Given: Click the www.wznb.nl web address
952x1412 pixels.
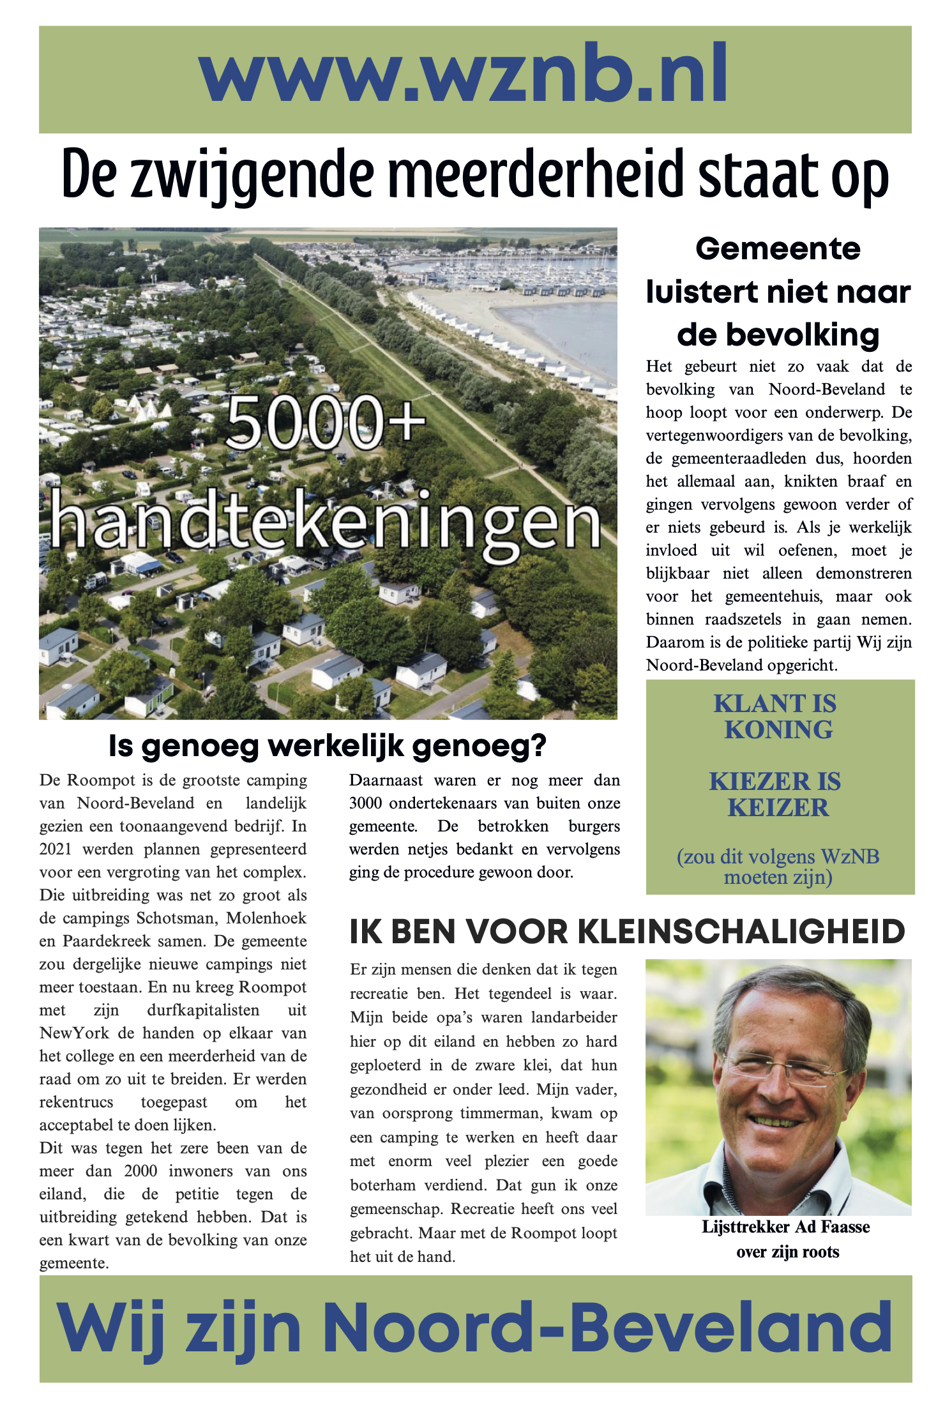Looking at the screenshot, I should (x=464, y=75).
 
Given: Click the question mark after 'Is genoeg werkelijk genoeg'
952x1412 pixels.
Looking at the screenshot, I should (x=538, y=746).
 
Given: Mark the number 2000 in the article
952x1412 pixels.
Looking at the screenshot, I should (x=140, y=1171).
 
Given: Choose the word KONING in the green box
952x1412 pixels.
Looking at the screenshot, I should (x=778, y=730).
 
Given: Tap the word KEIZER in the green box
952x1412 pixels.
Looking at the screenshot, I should (x=778, y=808).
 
